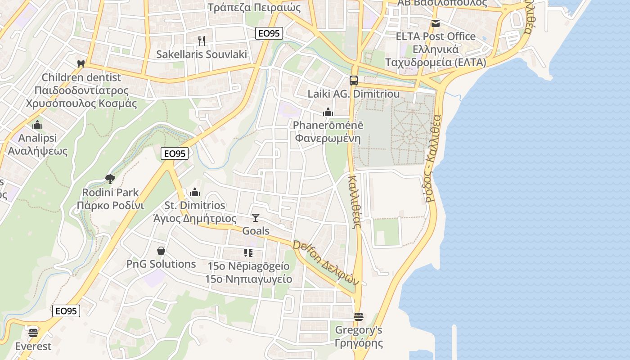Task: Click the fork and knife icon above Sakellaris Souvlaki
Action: [x=202, y=41]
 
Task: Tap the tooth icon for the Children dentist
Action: [x=81, y=64]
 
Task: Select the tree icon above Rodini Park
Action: [x=110, y=179]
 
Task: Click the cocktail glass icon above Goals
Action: [x=256, y=218]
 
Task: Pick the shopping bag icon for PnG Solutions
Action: [x=161, y=251]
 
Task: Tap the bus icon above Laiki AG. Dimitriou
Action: [x=354, y=81]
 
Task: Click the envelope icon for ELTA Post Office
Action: [x=435, y=23]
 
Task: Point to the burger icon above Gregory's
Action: [x=359, y=317]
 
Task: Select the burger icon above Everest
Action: [x=33, y=333]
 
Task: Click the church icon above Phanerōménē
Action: [x=328, y=112]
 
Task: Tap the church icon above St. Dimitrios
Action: [x=195, y=192]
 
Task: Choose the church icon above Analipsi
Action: [x=37, y=124]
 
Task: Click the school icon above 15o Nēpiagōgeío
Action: [x=248, y=253]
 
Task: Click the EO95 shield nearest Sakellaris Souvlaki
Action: [x=269, y=33]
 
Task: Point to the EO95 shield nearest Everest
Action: [x=66, y=311]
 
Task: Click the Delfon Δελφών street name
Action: [x=326, y=263]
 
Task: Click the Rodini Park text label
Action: [x=110, y=193]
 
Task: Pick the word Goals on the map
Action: [x=256, y=231]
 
